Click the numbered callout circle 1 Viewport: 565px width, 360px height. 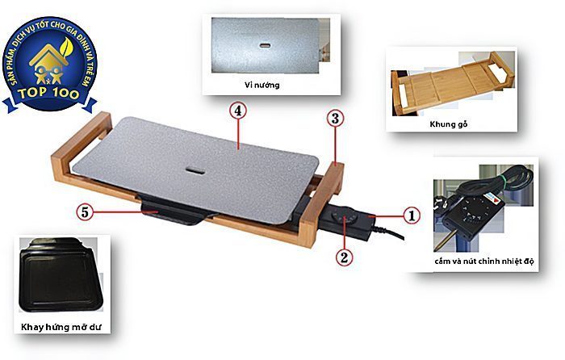pyautogui.click(x=410, y=216)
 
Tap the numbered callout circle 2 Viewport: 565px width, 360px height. pyautogui.click(x=343, y=257)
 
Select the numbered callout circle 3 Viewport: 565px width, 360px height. pyautogui.click(x=335, y=118)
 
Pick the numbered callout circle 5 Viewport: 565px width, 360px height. pyautogui.click(x=83, y=212)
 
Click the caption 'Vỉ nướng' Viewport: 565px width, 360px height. pyautogui.click(x=266, y=84)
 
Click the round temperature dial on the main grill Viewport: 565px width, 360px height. pyautogui.click(x=344, y=220)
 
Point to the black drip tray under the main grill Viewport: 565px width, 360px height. pyautogui.click(x=174, y=212)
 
